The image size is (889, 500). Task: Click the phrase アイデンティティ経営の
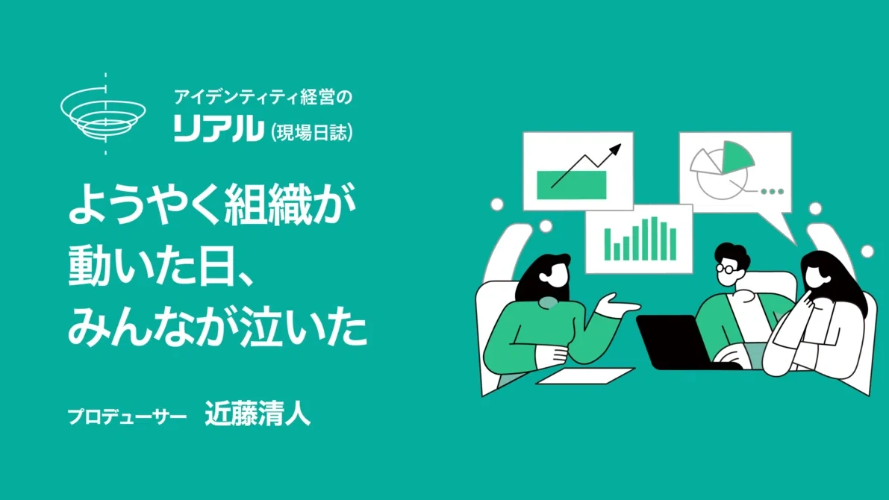[263, 98]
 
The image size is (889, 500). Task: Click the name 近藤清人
[258, 413]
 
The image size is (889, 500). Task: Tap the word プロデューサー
[127, 416]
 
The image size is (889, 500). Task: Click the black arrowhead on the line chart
[614, 151]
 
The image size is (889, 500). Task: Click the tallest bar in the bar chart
[655, 238]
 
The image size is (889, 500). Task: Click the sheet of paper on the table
[585, 376]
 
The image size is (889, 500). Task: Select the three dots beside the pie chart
[773, 192]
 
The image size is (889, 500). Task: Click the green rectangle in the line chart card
[572, 185]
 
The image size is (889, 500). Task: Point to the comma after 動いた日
[244, 280]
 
